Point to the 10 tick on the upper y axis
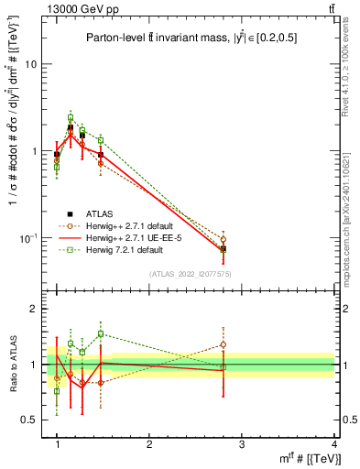pos(35,65)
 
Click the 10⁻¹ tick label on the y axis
pos(32,237)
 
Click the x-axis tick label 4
pos(333,444)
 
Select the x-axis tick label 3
pos(241,444)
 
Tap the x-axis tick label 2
pos(149,444)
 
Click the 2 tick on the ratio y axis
pos(38,310)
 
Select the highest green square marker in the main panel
pos(70,118)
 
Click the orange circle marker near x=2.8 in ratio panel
pos(223,345)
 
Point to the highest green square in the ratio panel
pos(101,334)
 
